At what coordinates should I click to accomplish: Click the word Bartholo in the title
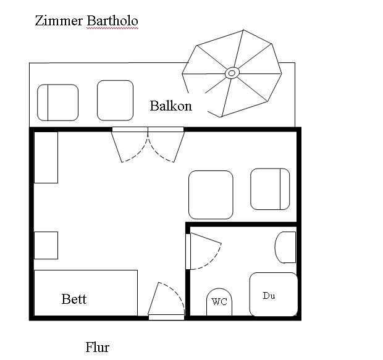coord(112,20)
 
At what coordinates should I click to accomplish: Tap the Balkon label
coord(170,106)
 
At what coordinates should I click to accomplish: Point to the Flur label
coord(97,347)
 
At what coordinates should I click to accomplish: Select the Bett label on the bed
coord(74,299)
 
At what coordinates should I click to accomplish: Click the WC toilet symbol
coord(219,302)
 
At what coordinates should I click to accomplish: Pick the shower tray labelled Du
coord(274,295)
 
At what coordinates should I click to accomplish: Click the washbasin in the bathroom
coord(285,247)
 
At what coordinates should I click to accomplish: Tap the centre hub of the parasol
coord(232,73)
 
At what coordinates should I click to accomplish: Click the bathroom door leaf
coord(206,238)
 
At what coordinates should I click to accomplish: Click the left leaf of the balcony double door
coord(117,147)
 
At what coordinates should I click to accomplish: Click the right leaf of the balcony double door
coord(179,147)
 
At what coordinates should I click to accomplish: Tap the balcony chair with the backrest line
coord(57,103)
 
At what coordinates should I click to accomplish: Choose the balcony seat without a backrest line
coord(115,101)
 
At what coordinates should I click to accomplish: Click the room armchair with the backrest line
coord(270,189)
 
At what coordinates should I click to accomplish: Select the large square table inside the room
coord(211,195)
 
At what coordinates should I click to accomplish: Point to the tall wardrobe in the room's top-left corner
coord(46,157)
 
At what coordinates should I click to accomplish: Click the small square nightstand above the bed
coord(46,246)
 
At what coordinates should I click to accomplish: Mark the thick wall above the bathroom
coord(242,224)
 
